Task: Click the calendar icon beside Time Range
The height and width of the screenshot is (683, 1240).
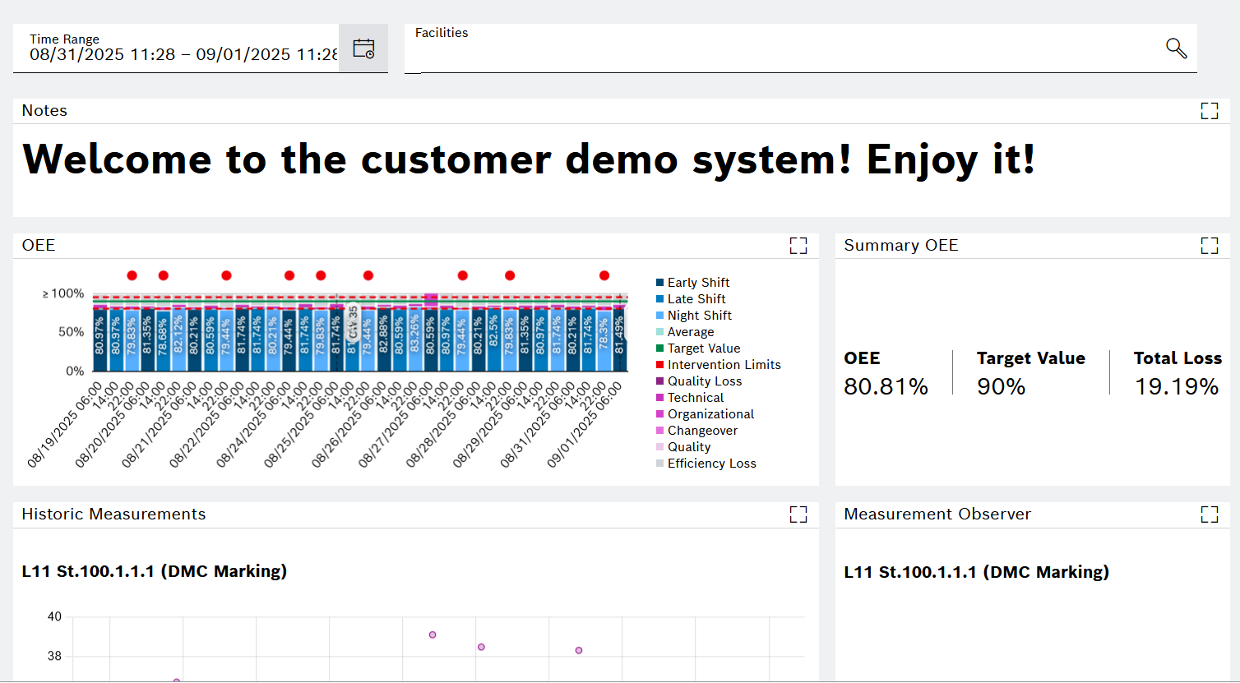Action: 363,48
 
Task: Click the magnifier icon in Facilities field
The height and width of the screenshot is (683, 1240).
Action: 1177,48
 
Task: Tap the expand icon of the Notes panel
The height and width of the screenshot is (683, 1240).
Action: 1209,111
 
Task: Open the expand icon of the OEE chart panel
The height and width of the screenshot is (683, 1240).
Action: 798,246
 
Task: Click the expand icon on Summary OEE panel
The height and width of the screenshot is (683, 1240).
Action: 1209,246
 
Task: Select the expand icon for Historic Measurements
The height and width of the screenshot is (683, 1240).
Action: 798,515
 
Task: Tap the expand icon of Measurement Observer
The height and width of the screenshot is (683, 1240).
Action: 1209,515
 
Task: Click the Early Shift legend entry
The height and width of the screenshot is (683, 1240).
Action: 697,283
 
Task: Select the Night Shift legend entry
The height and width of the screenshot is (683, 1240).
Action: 699,316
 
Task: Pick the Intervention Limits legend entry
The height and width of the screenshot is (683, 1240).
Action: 724,365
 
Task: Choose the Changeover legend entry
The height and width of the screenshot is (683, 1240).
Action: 702,431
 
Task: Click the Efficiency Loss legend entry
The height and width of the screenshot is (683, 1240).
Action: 711,464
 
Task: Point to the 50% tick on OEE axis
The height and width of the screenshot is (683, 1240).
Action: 71,332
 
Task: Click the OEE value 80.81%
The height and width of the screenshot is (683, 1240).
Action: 886,386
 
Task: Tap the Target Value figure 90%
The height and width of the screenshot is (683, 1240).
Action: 1001,386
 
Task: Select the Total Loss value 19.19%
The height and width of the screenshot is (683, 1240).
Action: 1177,386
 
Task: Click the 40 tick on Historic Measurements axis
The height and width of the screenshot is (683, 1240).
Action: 54,616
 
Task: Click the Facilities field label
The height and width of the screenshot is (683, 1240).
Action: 442,33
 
